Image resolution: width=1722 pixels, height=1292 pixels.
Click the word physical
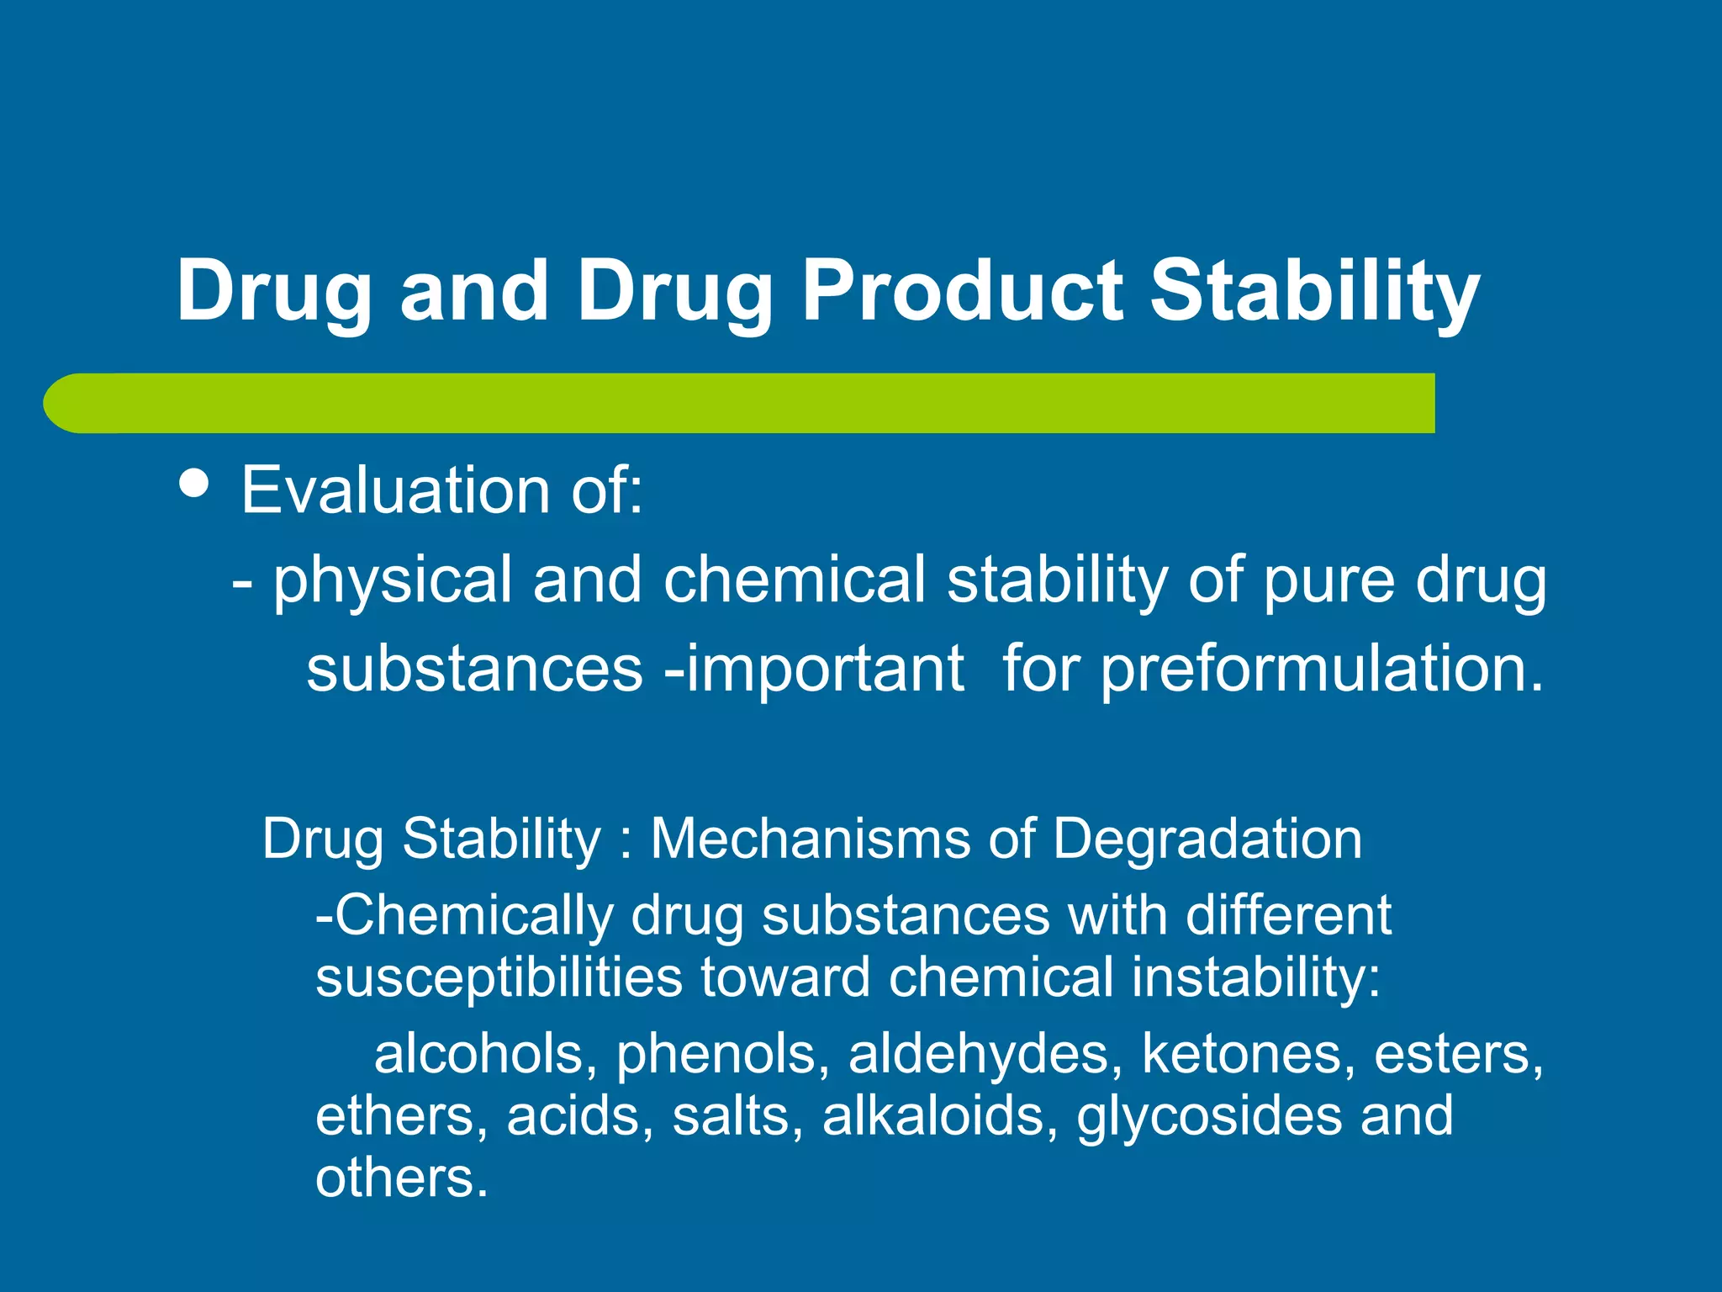point(392,580)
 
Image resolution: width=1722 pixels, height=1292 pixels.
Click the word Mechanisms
point(811,839)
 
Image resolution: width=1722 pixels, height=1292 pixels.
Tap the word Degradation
point(1207,839)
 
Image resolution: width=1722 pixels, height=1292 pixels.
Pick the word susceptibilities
point(499,977)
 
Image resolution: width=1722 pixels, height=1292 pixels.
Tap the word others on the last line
point(400,1178)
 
